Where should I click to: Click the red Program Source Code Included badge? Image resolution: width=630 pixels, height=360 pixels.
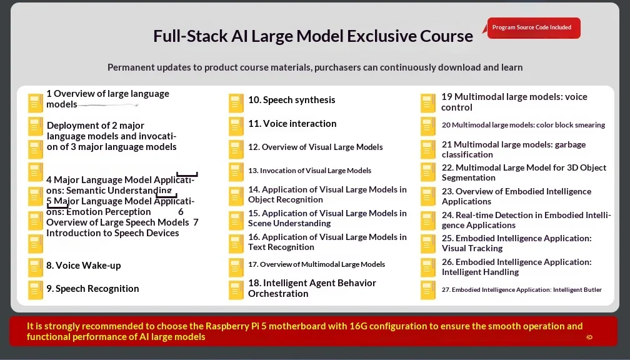534,27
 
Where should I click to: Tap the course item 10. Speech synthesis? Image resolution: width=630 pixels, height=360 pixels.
292,100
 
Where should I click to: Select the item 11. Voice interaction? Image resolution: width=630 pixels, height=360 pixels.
292,124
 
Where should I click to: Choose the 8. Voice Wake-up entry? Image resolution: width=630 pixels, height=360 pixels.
84,266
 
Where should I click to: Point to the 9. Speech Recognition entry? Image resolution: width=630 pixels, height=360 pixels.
92,289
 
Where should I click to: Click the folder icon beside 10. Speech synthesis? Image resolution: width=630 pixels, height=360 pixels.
236,103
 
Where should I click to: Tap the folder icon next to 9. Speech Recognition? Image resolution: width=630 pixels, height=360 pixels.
36,290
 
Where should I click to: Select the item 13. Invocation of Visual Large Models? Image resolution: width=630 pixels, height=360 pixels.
310,171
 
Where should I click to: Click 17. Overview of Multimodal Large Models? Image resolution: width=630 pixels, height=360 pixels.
317,264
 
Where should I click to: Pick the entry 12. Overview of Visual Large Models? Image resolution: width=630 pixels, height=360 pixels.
316,147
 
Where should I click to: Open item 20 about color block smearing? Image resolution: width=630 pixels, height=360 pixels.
523,125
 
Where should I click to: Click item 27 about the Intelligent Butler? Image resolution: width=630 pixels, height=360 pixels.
521,290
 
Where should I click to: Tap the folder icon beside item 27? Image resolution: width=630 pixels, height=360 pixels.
428,290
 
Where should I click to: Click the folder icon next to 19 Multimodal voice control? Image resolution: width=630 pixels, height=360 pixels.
428,103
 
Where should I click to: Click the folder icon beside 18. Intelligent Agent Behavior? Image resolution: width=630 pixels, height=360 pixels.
236,290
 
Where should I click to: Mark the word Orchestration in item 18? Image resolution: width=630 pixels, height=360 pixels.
278,294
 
